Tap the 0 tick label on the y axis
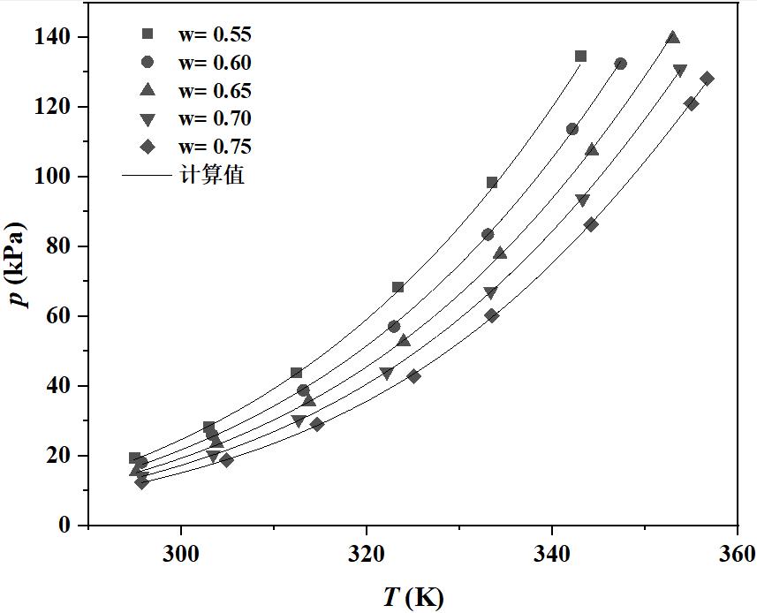[x=64, y=526]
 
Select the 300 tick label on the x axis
[x=180, y=555]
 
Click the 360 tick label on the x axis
[x=737, y=555]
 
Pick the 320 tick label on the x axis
[x=366, y=555]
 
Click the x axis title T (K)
[x=413, y=597]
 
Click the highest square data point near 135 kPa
[x=580, y=57]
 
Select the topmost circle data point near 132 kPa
[x=621, y=64]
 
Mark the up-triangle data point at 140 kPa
[x=673, y=38]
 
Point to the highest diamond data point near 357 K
[x=707, y=79]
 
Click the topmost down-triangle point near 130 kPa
[x=679, y=71]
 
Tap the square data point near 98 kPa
[x=492, y=183]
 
